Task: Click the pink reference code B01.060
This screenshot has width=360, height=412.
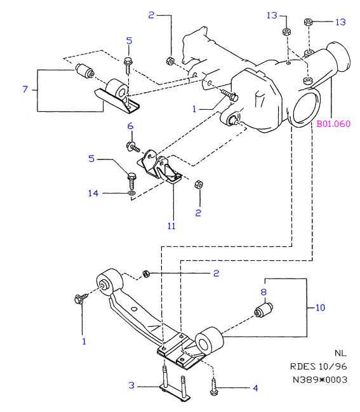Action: pyautogui.click(x=333, y=124)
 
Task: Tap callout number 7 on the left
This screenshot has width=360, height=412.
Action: pyautogui.click(x=25, y=90)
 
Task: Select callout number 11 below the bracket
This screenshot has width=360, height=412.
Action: pyautogui.click(x=171, y=226)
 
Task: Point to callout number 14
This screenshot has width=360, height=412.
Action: pyautogui.click(x=93, y=194)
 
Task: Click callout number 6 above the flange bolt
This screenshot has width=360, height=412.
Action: pyautogui.click(x=130, y=126)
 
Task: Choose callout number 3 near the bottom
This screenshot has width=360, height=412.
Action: pyautogui.click(x=131, y=385)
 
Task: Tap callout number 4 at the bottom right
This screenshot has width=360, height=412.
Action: pyautogui.click(x=255, y=388)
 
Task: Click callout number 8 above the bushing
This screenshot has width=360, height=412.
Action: pyautogui.click(x=263, y=292)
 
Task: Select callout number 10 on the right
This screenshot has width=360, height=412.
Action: pyautogui.click(x=320, y=307)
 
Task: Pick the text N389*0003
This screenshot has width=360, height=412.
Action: pyautogui.click(x=320, y=380)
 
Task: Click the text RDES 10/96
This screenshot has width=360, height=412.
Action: pyautogui.click(x=319, y=366)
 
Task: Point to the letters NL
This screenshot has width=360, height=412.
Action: pyautogui.click(x=340, y=353)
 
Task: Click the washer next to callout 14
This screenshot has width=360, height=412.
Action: pyautogui.click(x=131, y=194)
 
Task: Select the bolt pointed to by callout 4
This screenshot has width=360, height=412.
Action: pyautogui.click(x=213, y=387)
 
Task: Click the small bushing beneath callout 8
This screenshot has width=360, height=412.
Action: pyautogui.click(x=263, y=310)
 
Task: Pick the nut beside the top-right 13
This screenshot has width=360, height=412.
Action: pyautogui.click(x=308, y=22)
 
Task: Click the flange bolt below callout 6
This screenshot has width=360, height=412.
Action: pyautogui.click(x=133, y=147)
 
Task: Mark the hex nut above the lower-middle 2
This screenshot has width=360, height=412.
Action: pyautogui.click(x=199, y=185)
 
